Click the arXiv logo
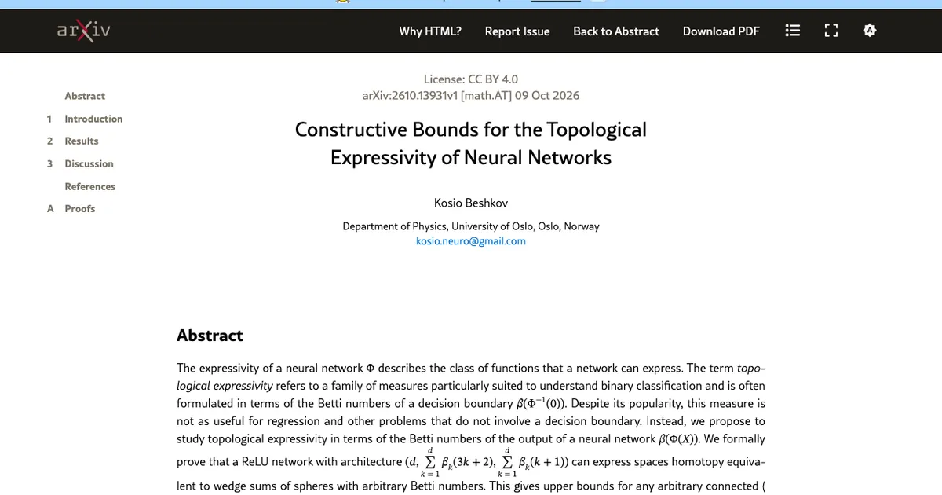(84, 31)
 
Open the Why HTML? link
(430, 31)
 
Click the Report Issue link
(517, 31)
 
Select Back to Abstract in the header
(616, 31)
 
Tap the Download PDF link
(721, 31)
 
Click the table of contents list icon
(793, 31)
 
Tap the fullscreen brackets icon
(831, 31)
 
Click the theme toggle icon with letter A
(870, 31)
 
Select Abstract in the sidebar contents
(85, 96)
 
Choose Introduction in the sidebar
(93, 119)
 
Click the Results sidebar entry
(81, 141)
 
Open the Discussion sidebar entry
(89, 163)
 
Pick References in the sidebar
(89, 186)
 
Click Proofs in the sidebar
(79, 209)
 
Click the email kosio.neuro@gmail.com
(470, 241)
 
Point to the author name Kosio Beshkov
(470, 203)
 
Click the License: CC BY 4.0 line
(470, 79)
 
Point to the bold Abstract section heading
(210, 335)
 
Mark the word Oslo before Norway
(549, 226)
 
